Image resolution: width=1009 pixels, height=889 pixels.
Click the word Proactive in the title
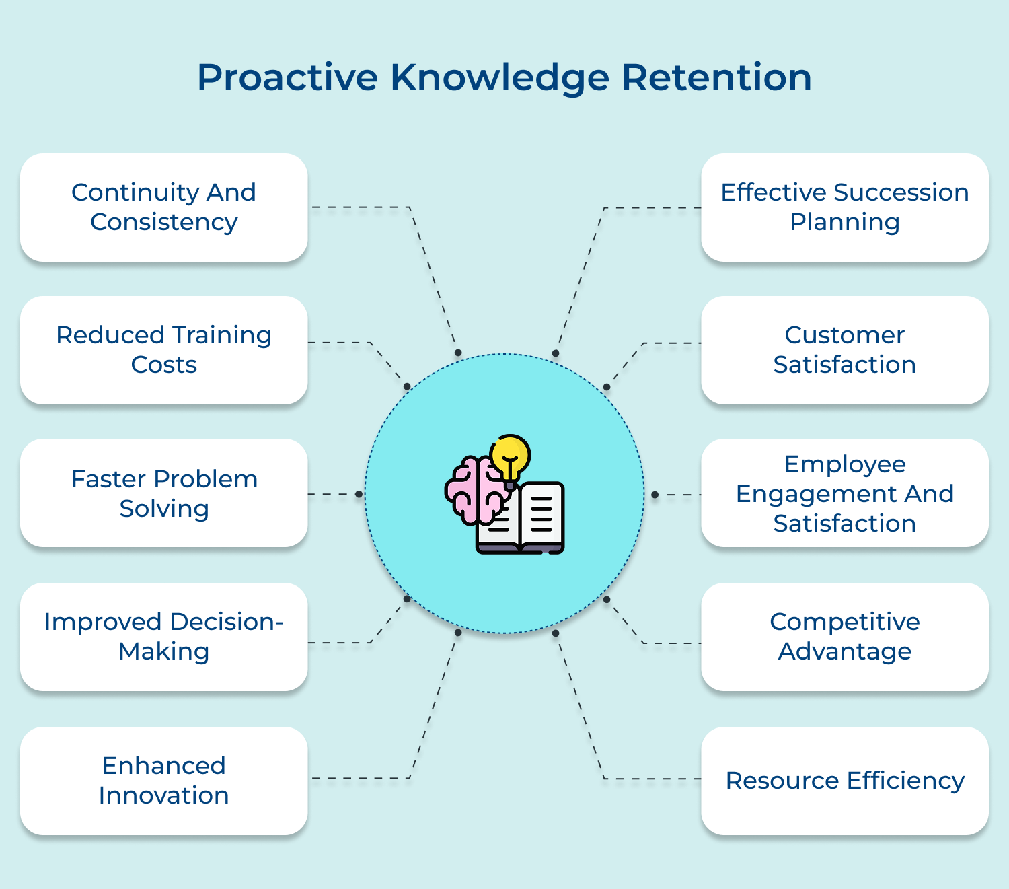pos(287,77)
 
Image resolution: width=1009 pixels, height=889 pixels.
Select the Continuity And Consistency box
pos(164,207)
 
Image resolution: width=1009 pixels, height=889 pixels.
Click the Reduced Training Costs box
pos(164,350)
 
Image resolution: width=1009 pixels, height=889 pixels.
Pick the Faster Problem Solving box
pos(164,493)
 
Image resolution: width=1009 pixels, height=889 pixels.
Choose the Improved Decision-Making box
pos(164,637)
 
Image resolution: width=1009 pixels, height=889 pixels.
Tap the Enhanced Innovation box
pos(164,781)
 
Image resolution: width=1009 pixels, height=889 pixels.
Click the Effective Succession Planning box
pos(845,207)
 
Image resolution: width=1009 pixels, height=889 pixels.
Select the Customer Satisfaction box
pos(845,350)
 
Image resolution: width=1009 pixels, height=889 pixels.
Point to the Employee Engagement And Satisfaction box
pos(845,493)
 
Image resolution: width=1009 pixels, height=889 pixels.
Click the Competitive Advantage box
pos(845,637)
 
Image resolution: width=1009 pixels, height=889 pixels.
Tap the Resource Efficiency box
pos(845,781)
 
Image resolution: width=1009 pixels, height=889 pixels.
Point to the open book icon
pos(531,522)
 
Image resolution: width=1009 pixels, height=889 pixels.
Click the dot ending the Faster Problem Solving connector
pos(359,494)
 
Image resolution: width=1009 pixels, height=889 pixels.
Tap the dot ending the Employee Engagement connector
pos(655,495)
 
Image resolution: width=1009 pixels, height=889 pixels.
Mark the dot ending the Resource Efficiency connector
pos(556,633)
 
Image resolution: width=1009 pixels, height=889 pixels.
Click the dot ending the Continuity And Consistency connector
pos(458,353)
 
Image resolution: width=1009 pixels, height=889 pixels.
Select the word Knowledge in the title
pos(500,77)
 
